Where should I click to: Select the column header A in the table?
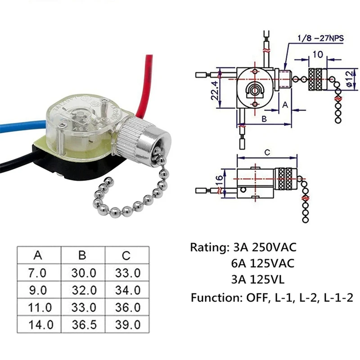pyautogui.click(x=38, y=255)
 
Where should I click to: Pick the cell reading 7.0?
pyautogui.click(x=38, y=273)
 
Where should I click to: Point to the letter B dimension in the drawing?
pyautogui.click(x=264, y=119)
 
